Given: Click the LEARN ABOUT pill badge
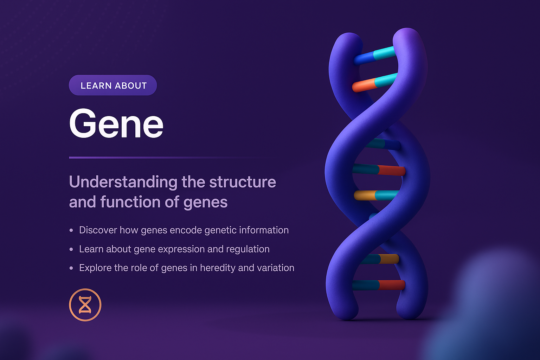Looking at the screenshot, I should pos(112,85).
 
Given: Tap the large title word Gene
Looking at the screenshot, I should pos(116,124).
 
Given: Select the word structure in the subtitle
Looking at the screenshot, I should pos(243,182).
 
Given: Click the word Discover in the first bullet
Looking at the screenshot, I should pos(98,230).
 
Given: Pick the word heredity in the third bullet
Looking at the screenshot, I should pos(218,268).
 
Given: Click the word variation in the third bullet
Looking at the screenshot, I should pos(275,268).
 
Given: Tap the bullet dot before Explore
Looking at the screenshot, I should pos(71,268).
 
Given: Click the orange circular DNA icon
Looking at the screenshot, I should pos(85,305).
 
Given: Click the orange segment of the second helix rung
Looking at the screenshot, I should pos(364,85).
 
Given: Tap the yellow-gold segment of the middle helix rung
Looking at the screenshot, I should pos(365,195).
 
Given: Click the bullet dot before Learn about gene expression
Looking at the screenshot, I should pos(71,249).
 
